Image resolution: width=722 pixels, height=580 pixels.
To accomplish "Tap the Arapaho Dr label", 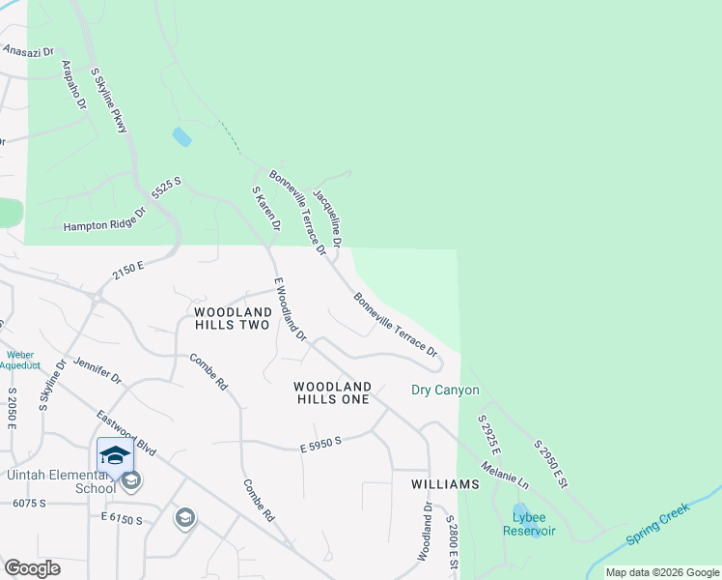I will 74,85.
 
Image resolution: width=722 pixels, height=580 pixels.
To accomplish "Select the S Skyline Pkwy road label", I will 109,100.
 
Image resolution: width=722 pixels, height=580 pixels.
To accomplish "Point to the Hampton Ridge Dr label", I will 103,226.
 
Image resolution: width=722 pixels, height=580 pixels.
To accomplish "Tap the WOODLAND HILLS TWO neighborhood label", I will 232,319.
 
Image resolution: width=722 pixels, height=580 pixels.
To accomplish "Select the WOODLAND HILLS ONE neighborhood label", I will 332,392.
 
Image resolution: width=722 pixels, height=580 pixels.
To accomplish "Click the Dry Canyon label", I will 445,391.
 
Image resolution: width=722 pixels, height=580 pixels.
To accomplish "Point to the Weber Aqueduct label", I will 19,360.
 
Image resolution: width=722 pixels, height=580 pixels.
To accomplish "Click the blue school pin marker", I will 114,454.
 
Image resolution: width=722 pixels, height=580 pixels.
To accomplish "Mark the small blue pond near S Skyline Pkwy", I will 181,136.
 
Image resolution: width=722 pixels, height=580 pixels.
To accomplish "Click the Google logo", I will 32,567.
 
